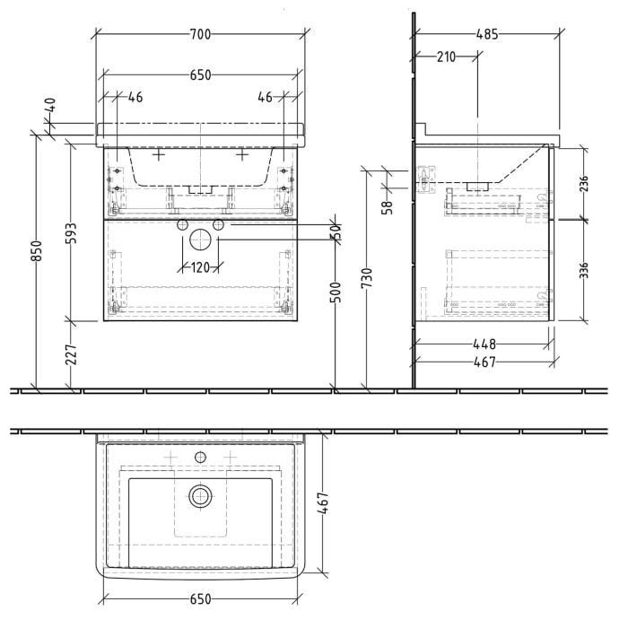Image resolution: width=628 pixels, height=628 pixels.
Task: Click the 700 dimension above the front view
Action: (200, 35)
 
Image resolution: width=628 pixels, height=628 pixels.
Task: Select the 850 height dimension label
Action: (37, 250)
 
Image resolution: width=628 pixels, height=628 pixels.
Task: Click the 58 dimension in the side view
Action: (387, 207)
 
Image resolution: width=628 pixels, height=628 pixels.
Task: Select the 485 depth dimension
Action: (487, 35)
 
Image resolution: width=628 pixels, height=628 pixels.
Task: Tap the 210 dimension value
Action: (446, 57)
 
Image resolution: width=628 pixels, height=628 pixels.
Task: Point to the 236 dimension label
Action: (584, 184)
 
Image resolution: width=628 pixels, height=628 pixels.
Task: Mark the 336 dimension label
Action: (584, 270)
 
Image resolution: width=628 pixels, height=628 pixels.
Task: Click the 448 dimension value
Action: (483, 343)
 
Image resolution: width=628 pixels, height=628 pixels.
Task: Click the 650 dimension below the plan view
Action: (200, 598)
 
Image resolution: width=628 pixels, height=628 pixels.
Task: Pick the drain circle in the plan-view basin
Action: (199, 494)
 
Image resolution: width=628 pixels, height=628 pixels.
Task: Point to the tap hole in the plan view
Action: (200, 458)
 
